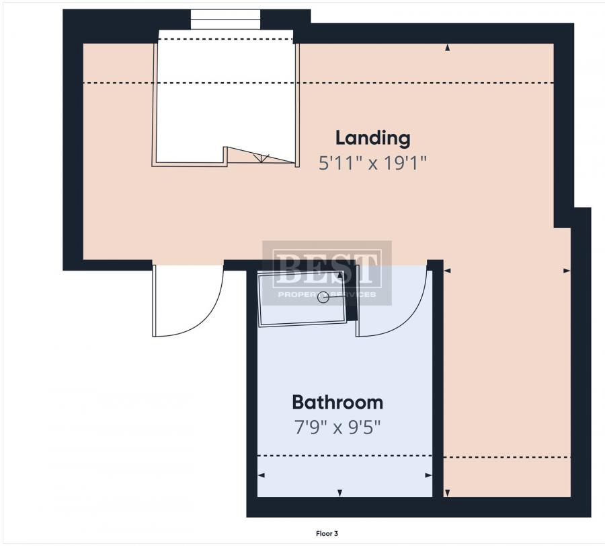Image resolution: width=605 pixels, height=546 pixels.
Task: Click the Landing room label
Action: pos(372,138)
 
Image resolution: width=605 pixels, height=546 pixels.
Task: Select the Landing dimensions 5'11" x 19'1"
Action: pos(372,163)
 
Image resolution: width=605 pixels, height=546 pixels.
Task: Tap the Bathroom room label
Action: pos(337,402)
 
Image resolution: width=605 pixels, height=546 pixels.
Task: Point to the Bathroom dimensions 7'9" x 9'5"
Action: pos(337,428)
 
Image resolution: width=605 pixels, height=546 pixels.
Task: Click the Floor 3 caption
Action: pos(327,534)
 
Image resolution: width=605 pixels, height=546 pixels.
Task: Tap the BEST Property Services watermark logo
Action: pos(327,273)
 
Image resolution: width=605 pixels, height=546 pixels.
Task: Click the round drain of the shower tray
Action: pos(323,298)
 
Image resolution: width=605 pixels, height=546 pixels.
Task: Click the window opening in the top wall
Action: pos(226,20)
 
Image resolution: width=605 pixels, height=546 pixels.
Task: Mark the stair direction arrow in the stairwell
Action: pos(261,158)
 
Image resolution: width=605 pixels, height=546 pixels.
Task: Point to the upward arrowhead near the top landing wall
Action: pos(448,48)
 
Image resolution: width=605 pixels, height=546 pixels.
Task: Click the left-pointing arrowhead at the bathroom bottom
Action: pos(261,475)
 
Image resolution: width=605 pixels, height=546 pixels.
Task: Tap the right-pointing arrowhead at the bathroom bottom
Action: pos(428,475)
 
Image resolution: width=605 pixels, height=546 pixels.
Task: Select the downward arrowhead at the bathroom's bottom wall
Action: pos(340,493)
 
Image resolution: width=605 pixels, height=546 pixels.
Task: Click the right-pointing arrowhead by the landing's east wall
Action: pos(567,271)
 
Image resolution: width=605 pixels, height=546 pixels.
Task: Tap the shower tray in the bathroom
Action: pos(302,299)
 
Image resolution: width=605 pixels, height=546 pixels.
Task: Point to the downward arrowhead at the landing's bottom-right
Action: pos(448,493)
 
